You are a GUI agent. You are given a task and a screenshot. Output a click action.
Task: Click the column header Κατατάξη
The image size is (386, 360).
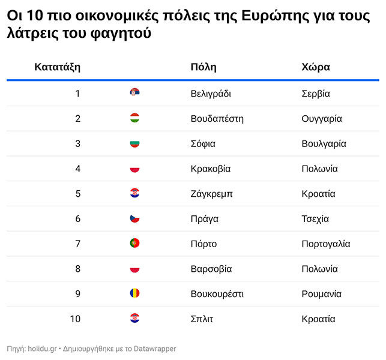57,67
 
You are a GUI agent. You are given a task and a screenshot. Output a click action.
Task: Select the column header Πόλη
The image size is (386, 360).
203,67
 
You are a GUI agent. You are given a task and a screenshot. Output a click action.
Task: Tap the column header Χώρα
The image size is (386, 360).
315,67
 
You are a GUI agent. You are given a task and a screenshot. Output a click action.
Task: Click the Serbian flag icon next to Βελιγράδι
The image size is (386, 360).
134,93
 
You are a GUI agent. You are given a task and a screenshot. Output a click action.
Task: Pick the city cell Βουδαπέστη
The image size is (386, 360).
216,118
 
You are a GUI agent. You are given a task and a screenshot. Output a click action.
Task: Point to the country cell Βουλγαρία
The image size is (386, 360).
324,143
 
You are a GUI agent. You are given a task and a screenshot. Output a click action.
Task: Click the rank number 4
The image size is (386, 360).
77,169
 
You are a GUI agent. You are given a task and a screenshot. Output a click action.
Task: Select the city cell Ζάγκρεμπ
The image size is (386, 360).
211,194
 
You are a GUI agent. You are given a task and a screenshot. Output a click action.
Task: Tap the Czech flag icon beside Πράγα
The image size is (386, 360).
134,218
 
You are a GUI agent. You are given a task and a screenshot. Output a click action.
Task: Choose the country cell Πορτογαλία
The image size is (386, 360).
325,244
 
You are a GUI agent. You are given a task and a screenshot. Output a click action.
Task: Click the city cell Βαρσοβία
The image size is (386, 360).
211,269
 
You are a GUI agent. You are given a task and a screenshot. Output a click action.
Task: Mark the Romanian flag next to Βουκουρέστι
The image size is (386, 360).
134,293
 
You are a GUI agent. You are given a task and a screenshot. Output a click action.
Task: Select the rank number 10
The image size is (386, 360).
75,319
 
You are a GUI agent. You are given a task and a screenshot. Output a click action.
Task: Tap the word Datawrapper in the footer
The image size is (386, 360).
155,348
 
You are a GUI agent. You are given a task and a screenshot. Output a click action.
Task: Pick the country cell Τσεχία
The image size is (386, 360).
315,218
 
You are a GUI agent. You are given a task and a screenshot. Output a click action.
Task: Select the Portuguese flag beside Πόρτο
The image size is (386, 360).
134,244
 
